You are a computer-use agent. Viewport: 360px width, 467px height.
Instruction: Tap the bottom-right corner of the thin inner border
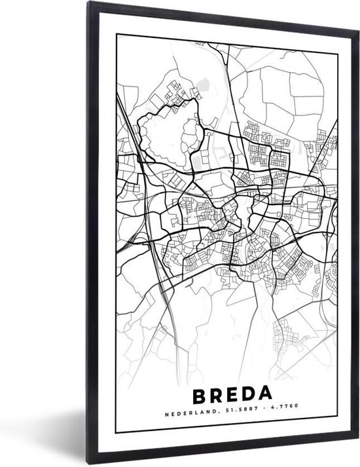pyautogui.click(x=338, y=434)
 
